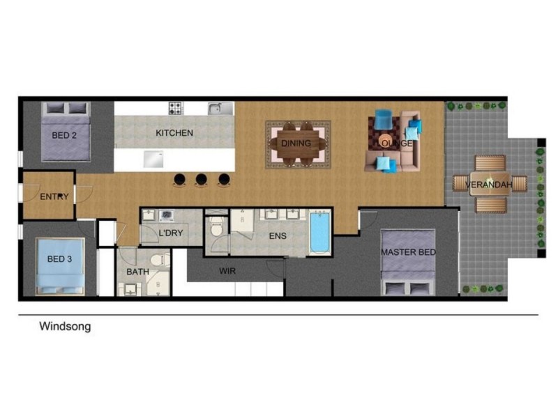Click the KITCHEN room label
(174, 133)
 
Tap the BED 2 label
(64, 135)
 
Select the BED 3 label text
(59, 259)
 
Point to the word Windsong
(65, 326)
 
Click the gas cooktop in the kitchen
(176, 108)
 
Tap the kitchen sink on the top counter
(220, 109)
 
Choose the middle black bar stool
(202, 180)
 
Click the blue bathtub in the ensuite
(320, 232)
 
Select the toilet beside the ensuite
(216, 228)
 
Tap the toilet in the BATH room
(160, 260)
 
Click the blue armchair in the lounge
(383, 119)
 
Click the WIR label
(227, 271)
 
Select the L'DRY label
(171, 233)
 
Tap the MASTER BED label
(409, 252)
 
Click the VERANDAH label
(489, 185)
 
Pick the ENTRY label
(54, 196)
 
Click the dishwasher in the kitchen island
(153, 159)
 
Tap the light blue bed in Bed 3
(60, 266)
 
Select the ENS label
(278, 236)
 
